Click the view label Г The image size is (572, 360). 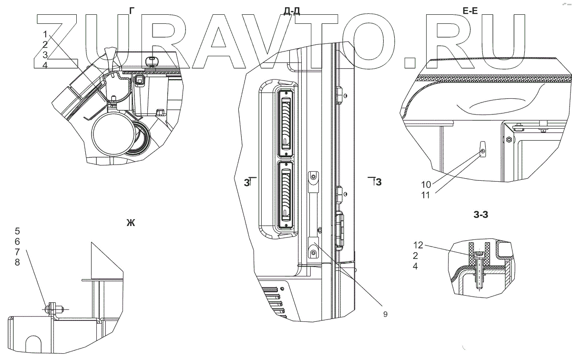(x=132, y=10)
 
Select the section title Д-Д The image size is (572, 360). (x=292, y=11)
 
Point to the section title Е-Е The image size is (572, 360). (x=470, y=11)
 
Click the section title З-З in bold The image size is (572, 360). (x=481, y=215)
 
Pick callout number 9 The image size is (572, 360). (x=385, y=314)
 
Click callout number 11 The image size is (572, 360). (x=427, y=195)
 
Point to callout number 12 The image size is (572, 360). (x=418, y=245)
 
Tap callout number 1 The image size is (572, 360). (x=45, y=34)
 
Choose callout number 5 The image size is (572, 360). (x=18, y=232)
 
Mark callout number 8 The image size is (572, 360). (x=18, y=263)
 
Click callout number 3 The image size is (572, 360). (x=45, y=54)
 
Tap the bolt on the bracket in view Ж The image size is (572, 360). (x=51, y=309)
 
